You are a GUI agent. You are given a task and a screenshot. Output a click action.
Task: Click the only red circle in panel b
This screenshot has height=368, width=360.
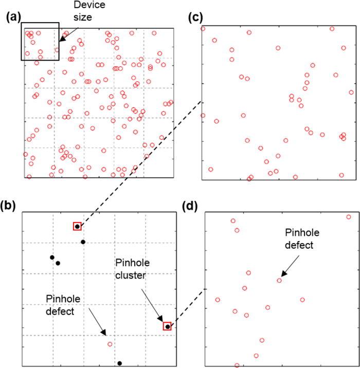(110, 344)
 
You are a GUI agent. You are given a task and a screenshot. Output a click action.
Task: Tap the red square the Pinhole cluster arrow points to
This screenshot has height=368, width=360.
(167, 326)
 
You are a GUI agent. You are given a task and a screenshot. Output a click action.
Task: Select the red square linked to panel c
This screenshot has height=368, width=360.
(77, 226)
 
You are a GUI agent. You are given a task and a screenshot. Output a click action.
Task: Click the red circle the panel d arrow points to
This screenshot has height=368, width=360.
(279, 280)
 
